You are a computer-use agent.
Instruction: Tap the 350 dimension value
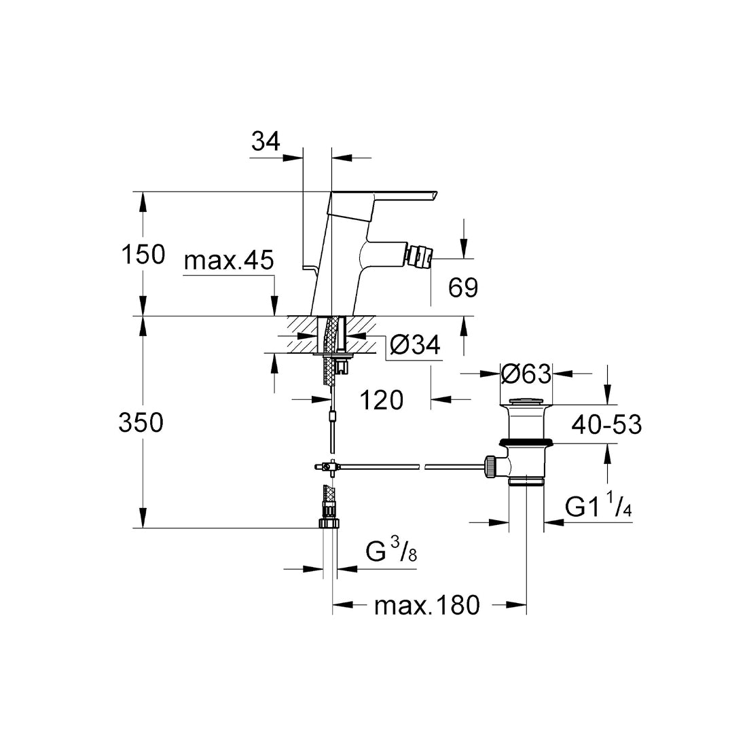[x=141, y=423]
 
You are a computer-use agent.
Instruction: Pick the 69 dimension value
[x=462, y=288]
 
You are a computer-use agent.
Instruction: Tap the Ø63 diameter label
[x=525, y=373]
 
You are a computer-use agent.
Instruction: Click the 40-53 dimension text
[x=606, y=425]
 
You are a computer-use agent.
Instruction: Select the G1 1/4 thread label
[x=598, y=507]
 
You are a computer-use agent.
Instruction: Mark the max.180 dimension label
[x=427, y=605]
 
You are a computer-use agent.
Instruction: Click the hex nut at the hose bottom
[x=331, y=523]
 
